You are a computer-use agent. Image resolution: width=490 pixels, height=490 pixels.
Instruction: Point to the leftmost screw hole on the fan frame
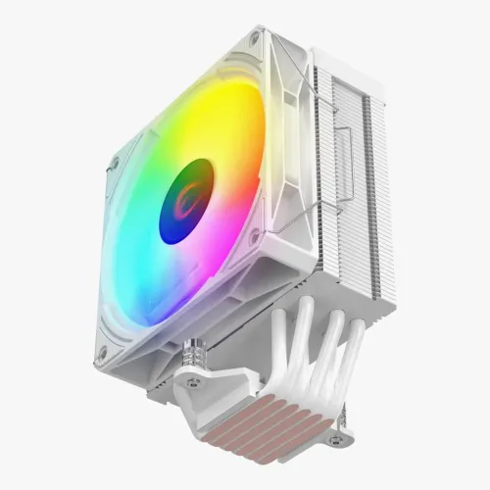[x=114, y=164]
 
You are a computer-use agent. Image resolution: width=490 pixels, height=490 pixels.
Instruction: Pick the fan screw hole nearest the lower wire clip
[x=254, y=236]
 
